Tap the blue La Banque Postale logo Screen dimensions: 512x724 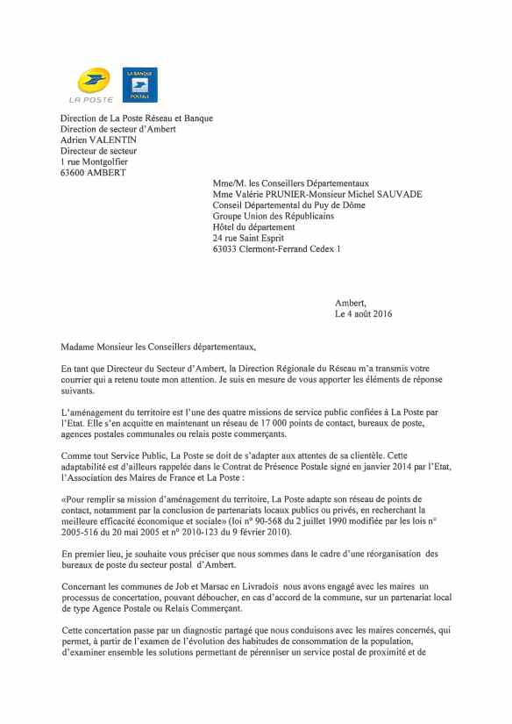[x=139, y=84]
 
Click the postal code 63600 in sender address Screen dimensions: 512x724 [x=74, y=173]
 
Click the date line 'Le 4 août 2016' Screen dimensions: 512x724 [x=363, y=314]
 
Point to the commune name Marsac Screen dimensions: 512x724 [x=190, y=585]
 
